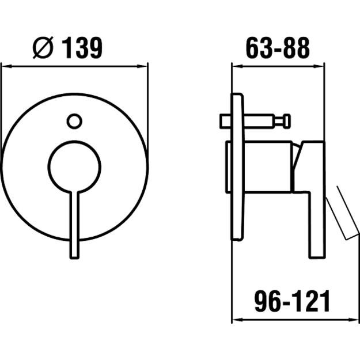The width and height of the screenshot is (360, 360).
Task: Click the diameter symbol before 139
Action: (43, 48)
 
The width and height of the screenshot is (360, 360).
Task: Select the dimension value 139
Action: (82, 48)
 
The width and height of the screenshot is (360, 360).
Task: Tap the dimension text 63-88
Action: (278, 48)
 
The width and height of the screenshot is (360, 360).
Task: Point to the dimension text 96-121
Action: (292, 301)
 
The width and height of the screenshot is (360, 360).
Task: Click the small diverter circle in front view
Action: (74, 121)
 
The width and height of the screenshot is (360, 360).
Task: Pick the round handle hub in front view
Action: (74, 166)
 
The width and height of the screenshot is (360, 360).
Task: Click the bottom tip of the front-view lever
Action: (74, 258)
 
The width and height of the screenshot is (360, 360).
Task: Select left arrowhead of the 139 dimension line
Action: (6, 66)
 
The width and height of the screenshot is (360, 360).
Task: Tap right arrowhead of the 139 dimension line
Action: (142, 66)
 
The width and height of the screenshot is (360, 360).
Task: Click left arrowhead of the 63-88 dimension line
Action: (238, 66)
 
